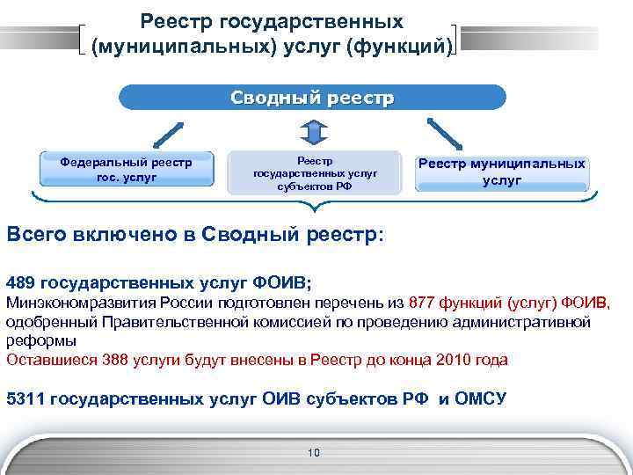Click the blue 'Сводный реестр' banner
pos(313,98)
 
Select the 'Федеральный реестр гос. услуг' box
pos(127,169)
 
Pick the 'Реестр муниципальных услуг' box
pos(502,172)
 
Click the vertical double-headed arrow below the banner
pos(314,131)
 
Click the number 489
pos(22,283)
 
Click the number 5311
pos(26,398)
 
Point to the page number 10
pos(314,453)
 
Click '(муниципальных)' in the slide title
pos(164,46)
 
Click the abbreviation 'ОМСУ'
pos(482,398)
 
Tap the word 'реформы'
pos(40,340)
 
